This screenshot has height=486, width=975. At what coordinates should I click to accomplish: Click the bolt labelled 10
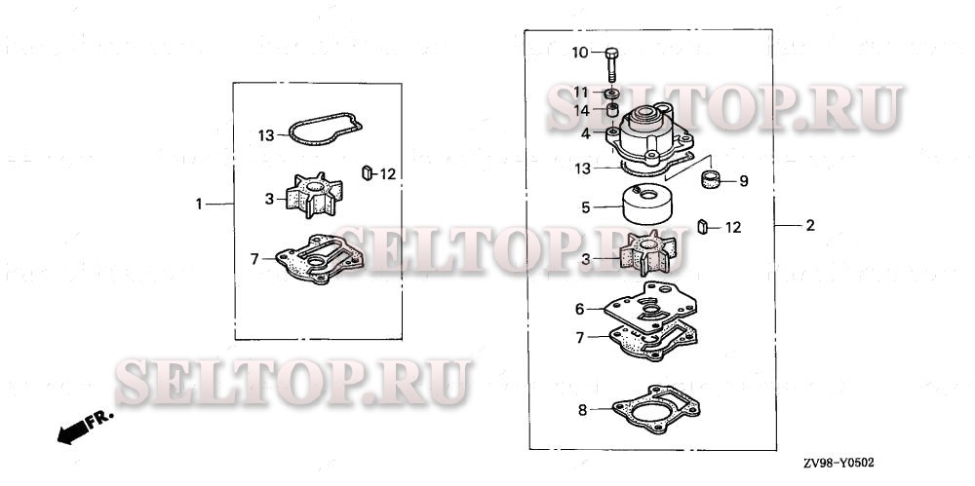tap(611, 64)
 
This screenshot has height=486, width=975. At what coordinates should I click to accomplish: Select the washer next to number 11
tap(612, 93)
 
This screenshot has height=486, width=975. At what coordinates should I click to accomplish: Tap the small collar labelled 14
tap(612, 111)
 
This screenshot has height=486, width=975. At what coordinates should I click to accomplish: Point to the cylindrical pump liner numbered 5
tap(646, 206)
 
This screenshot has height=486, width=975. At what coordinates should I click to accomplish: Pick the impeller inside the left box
tap(314, 195)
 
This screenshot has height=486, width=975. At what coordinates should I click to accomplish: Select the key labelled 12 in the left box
tap(367, 173)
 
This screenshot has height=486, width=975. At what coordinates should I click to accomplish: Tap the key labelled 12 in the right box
tap(703, 227)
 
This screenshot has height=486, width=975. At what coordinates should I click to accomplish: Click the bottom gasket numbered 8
tap(656, 410)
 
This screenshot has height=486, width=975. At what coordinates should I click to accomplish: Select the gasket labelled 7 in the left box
tap(320, 259)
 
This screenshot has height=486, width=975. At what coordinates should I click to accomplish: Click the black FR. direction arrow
tap(73, 431)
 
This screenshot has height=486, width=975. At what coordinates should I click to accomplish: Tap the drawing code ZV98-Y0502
tap(838, 463)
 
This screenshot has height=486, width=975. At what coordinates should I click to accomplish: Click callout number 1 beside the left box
tap(199, 204)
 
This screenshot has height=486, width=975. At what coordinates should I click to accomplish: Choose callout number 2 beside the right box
tap(809, 226)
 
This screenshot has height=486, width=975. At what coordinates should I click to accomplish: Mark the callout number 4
tap(585, 133)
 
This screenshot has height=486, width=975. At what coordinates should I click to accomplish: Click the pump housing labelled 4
tap(649, 135)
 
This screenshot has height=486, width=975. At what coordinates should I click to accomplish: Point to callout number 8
tap(582, 410)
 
